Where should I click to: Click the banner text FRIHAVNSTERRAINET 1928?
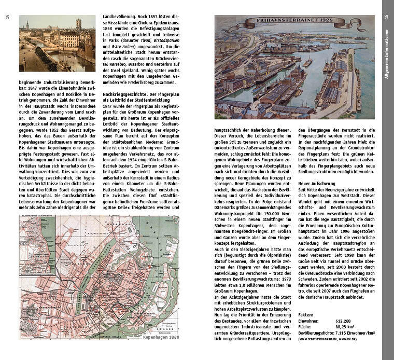(x=295, y=22)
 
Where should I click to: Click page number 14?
(x=8, y=17)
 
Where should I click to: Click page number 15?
(x=387, y=17)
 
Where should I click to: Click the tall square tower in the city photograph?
(x=78, y=24)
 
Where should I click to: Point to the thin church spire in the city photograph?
(x=27, y=26)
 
